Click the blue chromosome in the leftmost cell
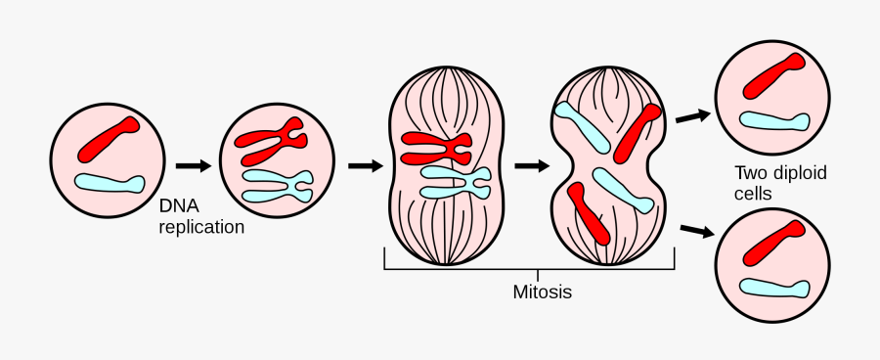[110, 183]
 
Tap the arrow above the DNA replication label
[193, 165]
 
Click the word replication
[201, 227]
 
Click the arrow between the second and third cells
[365, 165]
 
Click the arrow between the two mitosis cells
[531, 165]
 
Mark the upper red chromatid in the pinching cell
[638, 130]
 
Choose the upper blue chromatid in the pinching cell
[584, 125]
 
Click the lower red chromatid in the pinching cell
[590, 212]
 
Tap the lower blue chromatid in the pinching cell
[623, 190]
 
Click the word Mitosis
[542, 292]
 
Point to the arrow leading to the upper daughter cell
[692, 115]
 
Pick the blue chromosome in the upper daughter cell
[774, 121]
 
